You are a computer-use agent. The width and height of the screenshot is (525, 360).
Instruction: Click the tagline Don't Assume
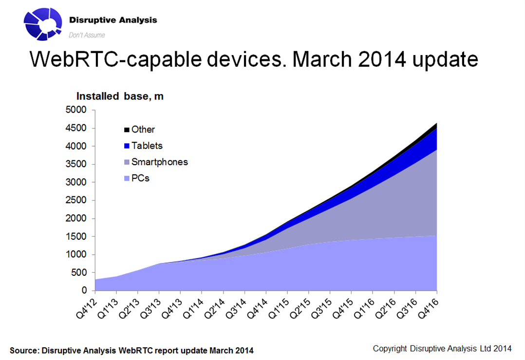[x=87, y=35]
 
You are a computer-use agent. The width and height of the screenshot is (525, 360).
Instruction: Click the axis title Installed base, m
[x=119, y=96]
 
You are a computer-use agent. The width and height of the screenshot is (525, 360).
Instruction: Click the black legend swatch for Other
[x=127, y=130]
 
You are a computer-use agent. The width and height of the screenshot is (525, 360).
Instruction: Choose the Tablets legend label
[x=147, y=146]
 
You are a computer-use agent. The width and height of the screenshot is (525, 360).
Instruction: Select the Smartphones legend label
[x=159, y=162]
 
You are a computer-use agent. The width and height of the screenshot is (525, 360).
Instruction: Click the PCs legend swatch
[x=127, y=178]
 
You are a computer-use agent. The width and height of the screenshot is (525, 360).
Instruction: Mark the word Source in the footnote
[x=24, y=350]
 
